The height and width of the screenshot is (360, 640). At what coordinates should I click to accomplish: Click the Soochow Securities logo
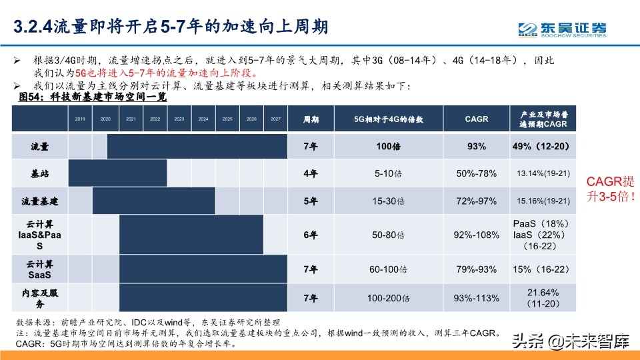coord(563,29)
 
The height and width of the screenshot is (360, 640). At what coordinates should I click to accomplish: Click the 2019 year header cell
coord(80,119)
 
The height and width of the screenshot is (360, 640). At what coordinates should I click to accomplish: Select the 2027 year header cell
coord(275,119)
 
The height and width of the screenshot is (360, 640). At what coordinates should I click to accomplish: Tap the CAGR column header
coord(476,119)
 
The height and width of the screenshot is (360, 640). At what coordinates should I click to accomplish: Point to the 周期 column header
coord(311,120)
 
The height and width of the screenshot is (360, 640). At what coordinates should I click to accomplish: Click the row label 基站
coord(39,173)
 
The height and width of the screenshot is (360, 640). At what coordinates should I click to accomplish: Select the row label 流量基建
coord(39,201)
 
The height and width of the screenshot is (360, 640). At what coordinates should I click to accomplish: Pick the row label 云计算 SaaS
coord(39,269)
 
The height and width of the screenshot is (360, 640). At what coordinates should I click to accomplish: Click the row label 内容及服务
coord(39,298)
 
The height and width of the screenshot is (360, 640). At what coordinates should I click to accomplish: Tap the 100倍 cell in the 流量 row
coord(387,146)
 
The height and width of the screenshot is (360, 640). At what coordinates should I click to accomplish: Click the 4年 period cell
coord(311,173)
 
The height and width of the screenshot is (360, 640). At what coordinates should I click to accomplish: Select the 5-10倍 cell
coord(387,173)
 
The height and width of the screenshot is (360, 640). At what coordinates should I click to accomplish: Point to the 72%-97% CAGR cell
coord(476,201)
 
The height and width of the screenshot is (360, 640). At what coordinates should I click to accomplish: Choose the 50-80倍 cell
coord(387,235)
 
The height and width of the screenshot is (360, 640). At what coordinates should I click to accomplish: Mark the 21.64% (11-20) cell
coord(542,298)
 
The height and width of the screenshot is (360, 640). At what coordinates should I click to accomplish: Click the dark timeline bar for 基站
coord(117,173)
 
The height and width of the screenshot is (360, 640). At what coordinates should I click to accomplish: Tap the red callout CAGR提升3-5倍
coord(609,189)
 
